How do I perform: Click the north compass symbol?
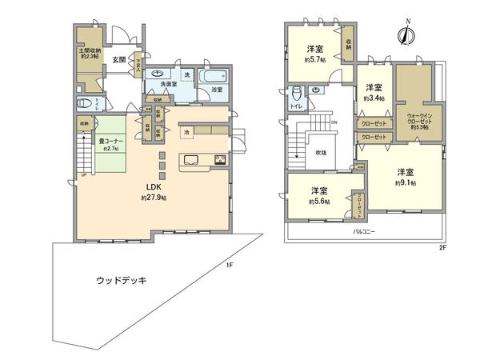coord(406,34)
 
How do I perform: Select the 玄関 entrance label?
coord(119,59)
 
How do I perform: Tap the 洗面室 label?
coord(168,84)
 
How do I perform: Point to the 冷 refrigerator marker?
coord(186,132)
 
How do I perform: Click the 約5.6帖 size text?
coord(320,202)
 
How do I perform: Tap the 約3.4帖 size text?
coord(374,98)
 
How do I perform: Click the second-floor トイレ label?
coord(296,106)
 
